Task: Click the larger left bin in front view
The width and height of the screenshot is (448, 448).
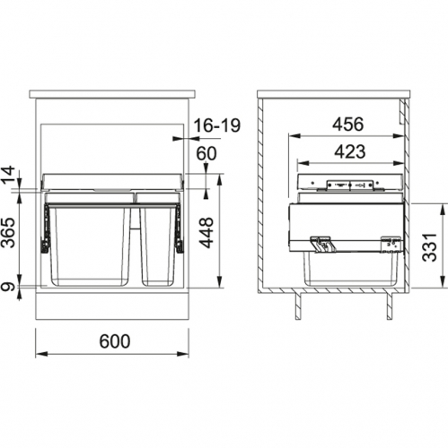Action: click(x=90, y=246)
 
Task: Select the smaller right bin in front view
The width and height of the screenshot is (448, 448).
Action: click(x=158, y=246)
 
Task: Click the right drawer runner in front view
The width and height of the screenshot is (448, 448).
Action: click(x=181, y=228)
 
